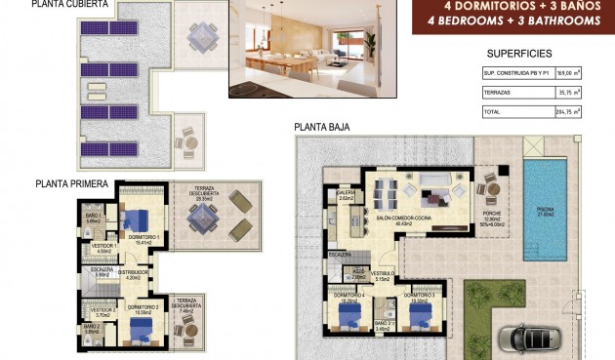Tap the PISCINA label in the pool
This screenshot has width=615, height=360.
[543, 211]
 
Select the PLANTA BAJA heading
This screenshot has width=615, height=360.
[322, 127]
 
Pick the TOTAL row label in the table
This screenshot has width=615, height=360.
[497, 112]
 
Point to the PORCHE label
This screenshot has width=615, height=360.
[491, 214]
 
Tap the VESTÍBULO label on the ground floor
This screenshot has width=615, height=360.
[382, 274]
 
